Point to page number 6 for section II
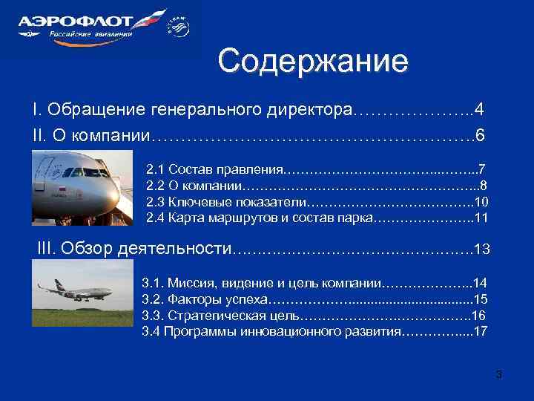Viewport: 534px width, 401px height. coord(480,136)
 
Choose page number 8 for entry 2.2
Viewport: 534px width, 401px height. coord(484,185)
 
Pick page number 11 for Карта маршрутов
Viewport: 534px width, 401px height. coord(481,218)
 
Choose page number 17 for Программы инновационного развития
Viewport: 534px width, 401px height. coord(480,331)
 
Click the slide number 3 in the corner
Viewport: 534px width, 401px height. coord(499,374)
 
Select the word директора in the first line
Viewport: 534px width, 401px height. coord(312,111)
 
